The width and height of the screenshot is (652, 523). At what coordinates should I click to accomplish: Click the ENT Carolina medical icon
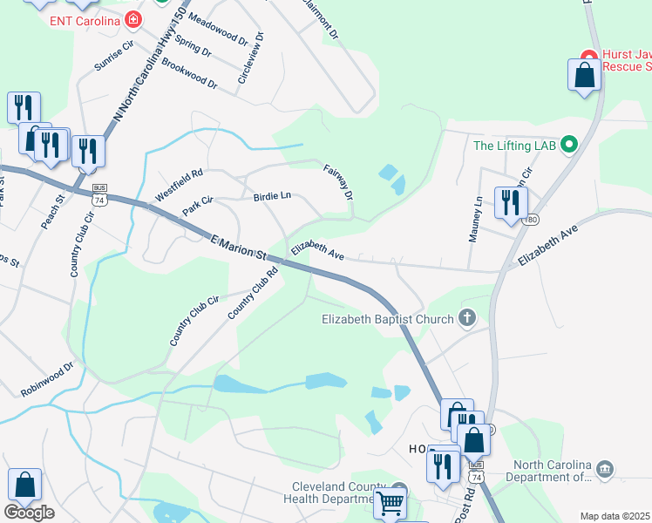132,18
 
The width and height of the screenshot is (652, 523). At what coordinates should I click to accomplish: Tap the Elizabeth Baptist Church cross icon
467,318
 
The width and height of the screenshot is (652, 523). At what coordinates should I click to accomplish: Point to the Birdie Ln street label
271,196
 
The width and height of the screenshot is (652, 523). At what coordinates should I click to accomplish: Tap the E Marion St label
238,246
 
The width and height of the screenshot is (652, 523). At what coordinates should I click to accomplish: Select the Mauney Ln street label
477,221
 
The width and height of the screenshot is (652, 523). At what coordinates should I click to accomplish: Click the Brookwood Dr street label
189,74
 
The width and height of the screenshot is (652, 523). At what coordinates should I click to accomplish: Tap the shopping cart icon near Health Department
390,503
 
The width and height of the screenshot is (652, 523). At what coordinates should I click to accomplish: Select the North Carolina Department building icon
605,471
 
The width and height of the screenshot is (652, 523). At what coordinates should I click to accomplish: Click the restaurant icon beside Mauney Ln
510,201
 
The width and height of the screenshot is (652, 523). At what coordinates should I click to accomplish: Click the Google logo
29,513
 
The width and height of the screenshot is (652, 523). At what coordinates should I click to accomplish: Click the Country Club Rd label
253,292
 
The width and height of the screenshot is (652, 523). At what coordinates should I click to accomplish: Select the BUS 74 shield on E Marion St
100,194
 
